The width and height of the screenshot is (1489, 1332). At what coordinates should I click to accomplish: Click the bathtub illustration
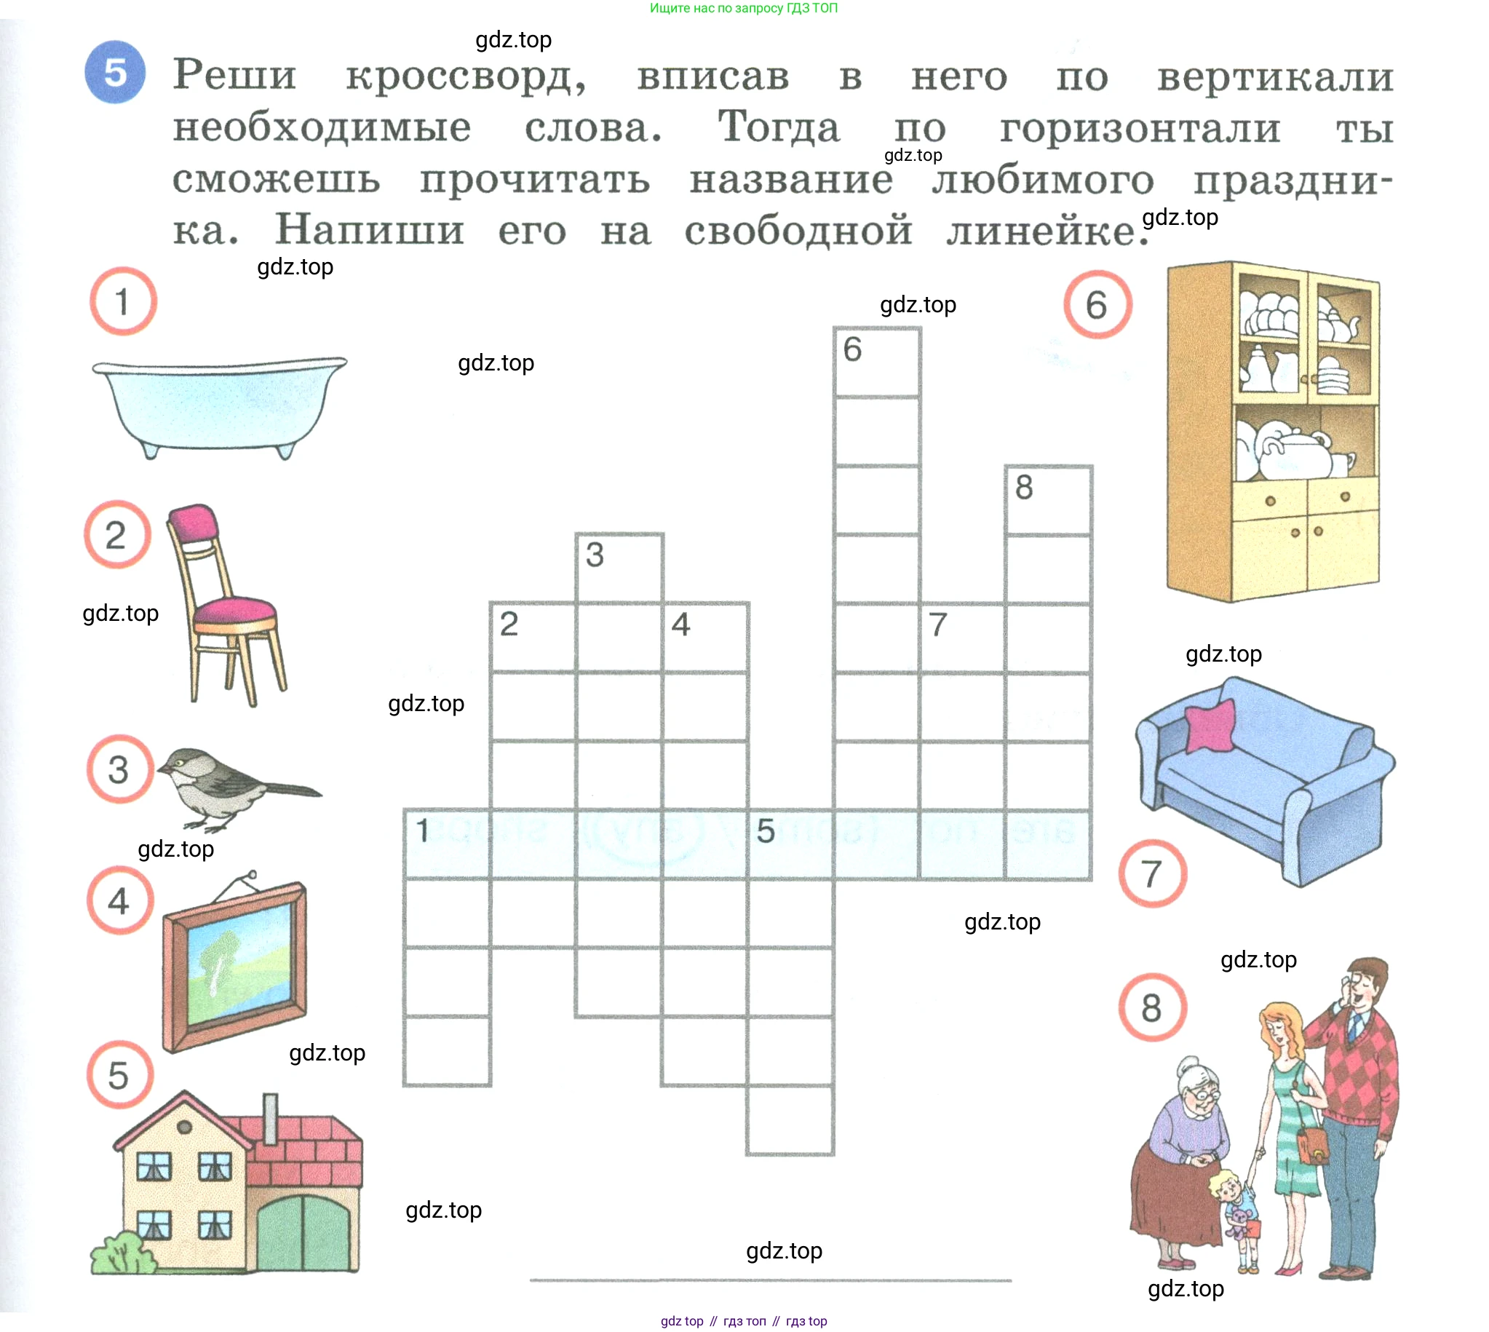[220, 406]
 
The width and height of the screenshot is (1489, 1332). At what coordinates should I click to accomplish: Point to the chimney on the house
[270, 1119]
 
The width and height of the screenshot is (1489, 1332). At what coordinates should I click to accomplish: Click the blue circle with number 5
[115, 73]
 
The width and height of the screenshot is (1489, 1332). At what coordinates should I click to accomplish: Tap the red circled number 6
[1097, 304]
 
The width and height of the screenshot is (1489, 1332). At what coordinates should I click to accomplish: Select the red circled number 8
[1153, 1008]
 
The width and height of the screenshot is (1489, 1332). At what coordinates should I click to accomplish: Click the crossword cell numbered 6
[876, 362]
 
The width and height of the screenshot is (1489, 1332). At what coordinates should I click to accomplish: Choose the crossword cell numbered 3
[619, 568]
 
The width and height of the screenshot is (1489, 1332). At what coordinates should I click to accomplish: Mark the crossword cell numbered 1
[447, 844]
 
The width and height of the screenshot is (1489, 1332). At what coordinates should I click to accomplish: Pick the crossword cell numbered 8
[1049, 500]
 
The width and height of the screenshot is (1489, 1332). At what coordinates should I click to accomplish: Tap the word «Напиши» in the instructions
[370, 230]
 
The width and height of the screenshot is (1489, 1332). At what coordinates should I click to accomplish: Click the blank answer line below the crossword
[771, 1281]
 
